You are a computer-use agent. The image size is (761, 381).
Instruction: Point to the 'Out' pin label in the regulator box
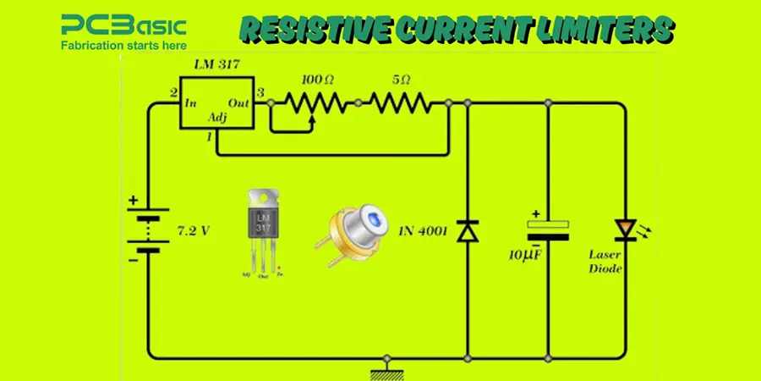click(239, 102)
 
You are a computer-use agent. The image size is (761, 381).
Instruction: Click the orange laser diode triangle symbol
click(626, 228)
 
